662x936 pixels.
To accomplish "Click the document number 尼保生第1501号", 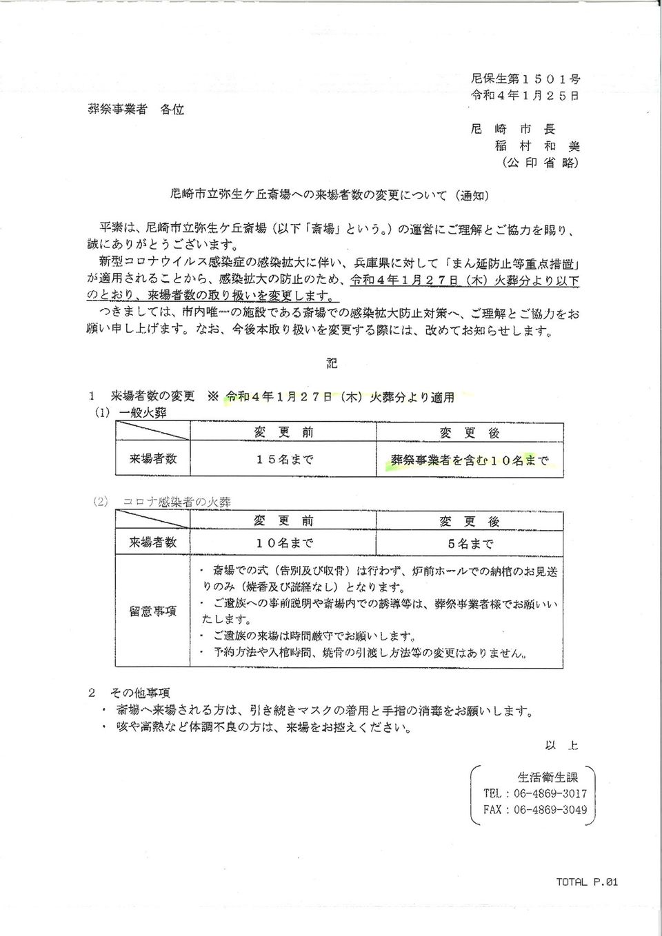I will (525, 79).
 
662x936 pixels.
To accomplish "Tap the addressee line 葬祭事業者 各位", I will (136, 109).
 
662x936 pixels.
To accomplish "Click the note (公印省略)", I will (540, 163).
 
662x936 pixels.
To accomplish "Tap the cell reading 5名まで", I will (470, 544).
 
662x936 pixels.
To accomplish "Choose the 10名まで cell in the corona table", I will (283, 543).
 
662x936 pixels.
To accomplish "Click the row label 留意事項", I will (153, 611).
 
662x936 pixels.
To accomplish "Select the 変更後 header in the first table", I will (469, 433).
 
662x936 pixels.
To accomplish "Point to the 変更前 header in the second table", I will (283, 520).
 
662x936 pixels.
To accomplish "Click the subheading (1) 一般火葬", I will (130, 413).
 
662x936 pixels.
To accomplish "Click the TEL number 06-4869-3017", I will (550, 794).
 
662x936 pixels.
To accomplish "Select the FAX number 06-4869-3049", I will (550, 810).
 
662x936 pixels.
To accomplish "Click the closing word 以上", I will (561, 746).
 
